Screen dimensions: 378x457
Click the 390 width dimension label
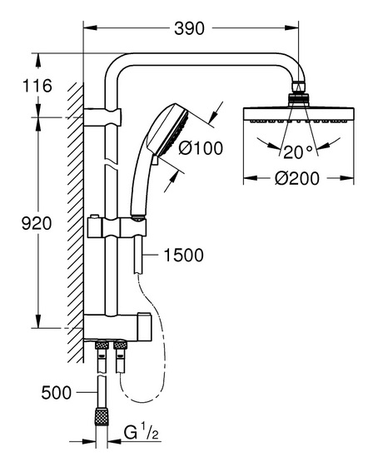point(189,28)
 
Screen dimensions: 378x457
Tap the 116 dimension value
point(37,86)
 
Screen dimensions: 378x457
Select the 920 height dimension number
point(37,224)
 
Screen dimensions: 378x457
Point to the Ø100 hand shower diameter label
point(201,148)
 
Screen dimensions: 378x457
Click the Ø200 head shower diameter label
point(297,178)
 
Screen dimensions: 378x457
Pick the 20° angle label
point(298,152)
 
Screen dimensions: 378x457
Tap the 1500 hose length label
point(184,256)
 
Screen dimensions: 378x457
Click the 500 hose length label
point(57,393)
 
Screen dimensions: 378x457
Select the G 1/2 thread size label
point(142,433)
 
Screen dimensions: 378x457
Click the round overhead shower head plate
point(299,115)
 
